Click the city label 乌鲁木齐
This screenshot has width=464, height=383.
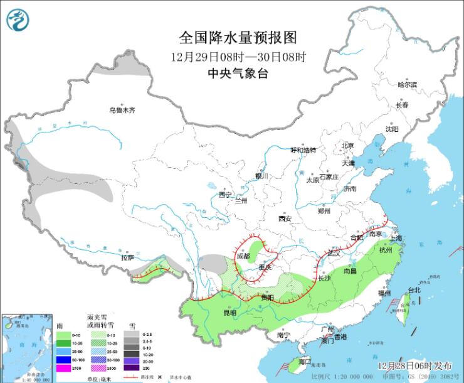coord(122,111)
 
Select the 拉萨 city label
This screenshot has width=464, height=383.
coord(127,257)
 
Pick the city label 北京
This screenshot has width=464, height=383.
coord(347,146)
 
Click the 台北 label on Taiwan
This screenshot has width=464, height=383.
coord(414,290)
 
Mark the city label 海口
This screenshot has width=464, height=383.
coord(305,362)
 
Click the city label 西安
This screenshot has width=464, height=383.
coord(285,218)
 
